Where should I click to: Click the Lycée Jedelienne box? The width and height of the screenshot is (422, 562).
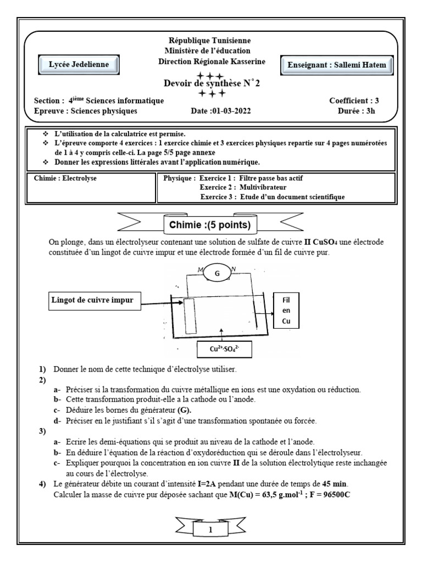[x=83, y=65]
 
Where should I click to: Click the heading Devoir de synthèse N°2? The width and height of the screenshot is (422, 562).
[x=210, y=83]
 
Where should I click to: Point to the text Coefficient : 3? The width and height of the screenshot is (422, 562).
[x=354, y=100]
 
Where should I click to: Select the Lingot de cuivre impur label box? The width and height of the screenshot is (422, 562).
[x=91, y=299]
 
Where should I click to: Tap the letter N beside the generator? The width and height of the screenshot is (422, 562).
[x=234, y=268]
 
